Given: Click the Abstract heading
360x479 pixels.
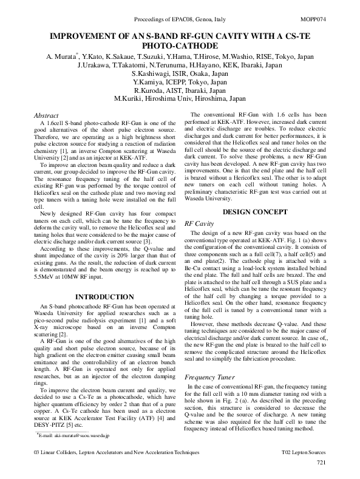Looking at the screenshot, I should (46, 114).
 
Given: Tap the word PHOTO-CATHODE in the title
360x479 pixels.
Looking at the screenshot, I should (180, 46).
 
